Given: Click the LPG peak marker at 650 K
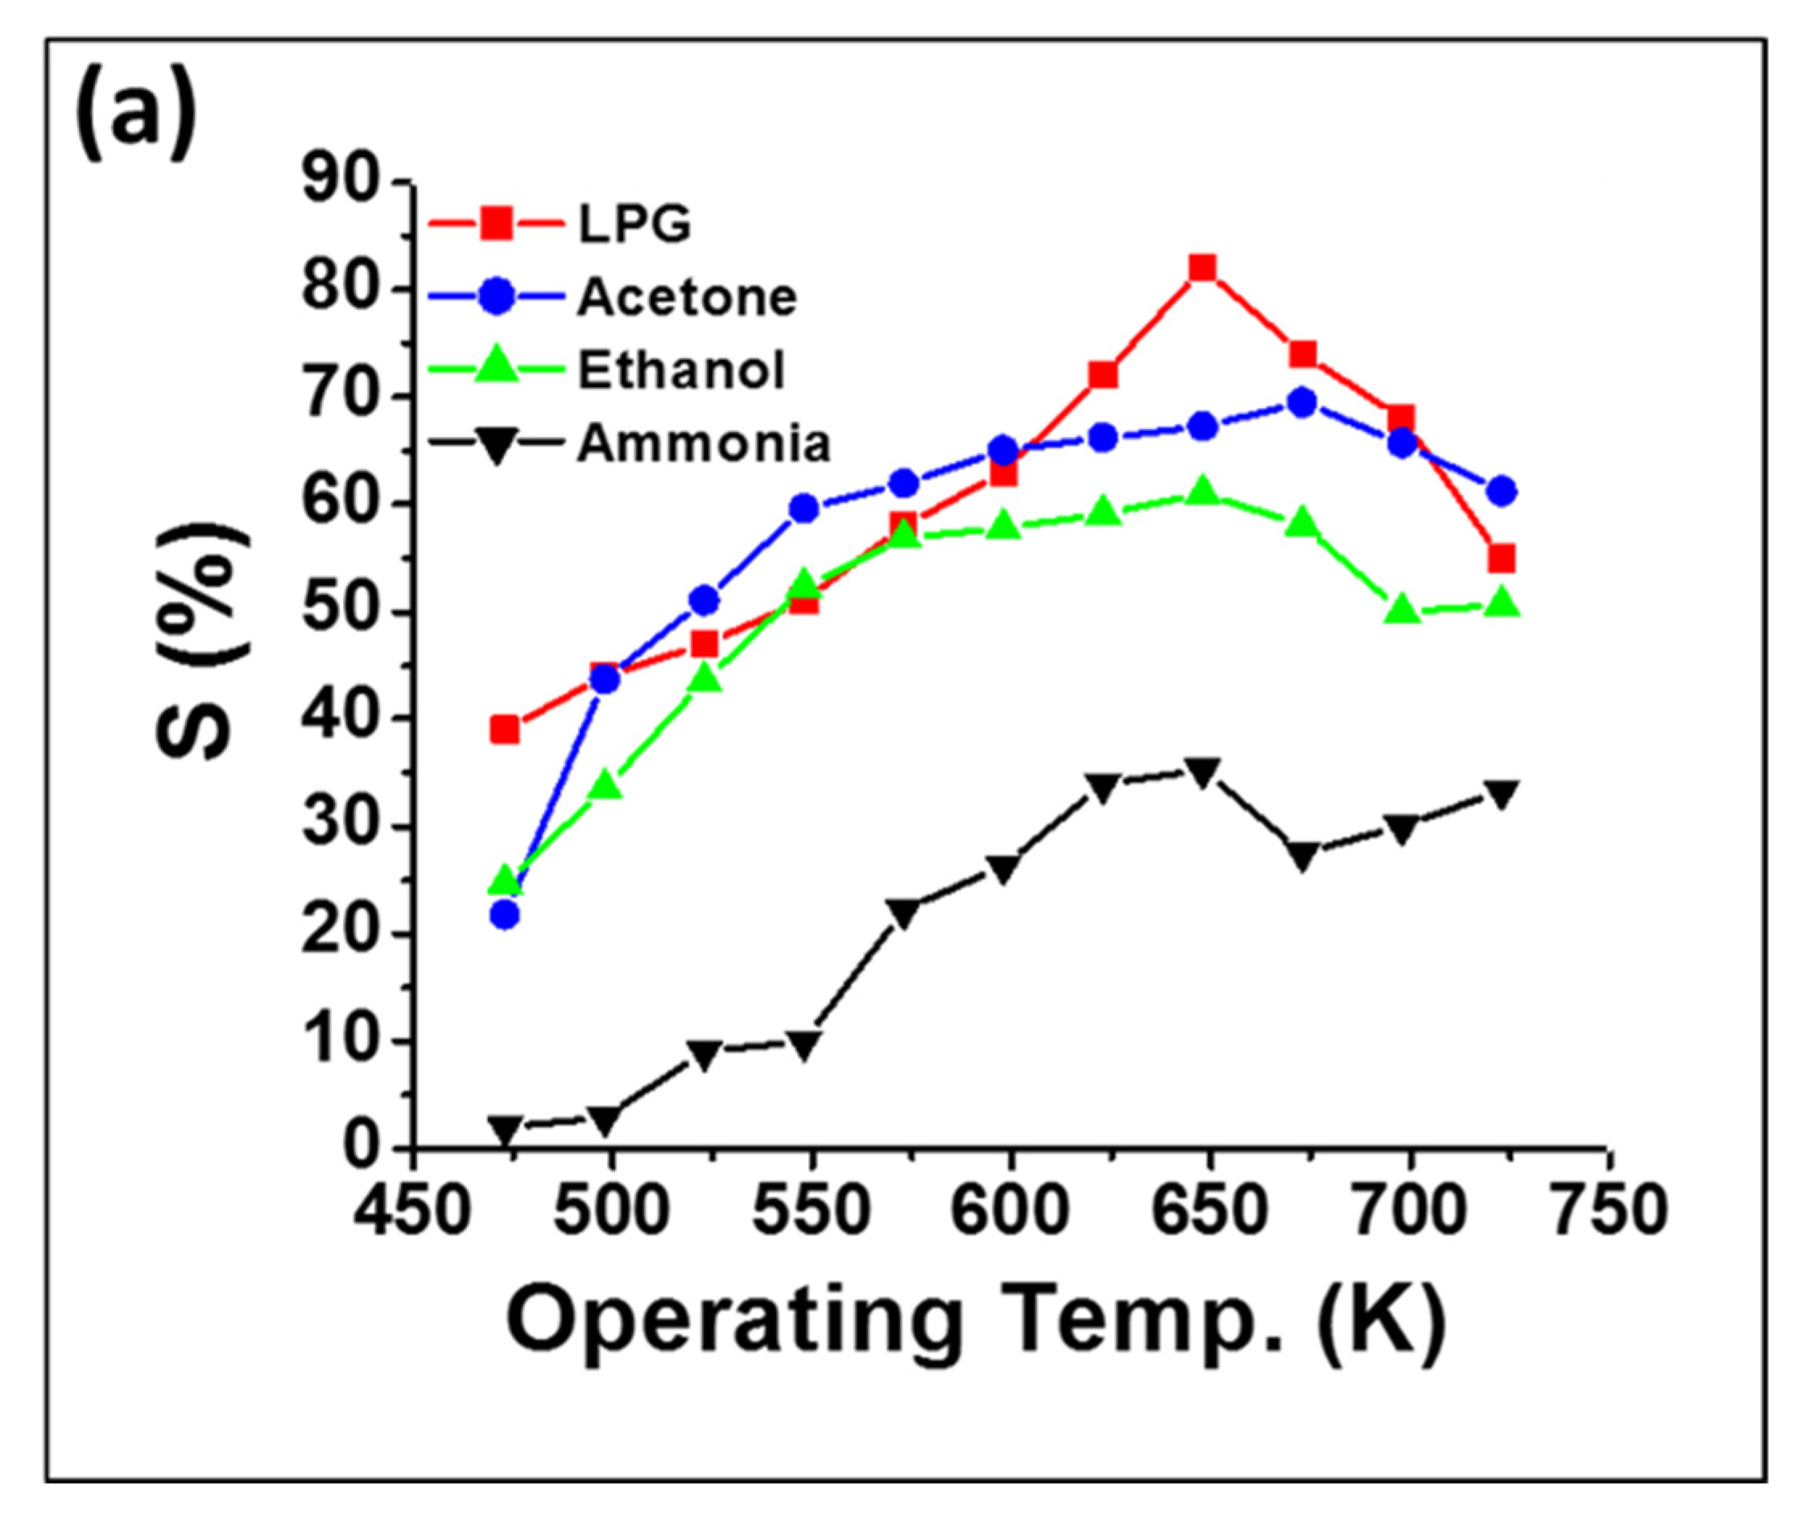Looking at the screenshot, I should [1202, 267].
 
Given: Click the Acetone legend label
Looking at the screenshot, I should [686, 298].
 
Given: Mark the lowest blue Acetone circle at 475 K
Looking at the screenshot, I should [505, 915].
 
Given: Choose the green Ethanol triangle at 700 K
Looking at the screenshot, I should [1402, 610].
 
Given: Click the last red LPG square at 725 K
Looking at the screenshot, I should [1502, 558].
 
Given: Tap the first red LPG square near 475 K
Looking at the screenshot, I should [505, 730].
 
